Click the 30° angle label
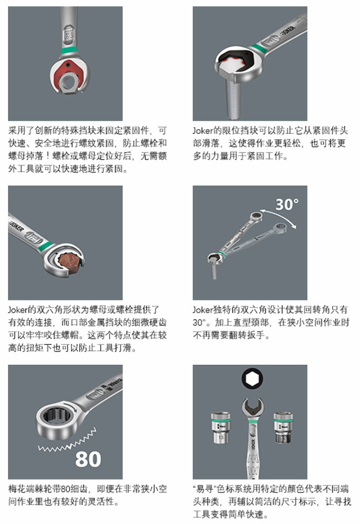pos(287,204)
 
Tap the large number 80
pos(88,459)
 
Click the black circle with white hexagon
pos(252,379)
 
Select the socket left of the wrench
pos(221,428)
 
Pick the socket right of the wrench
pos(283,428)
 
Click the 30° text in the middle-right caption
pos(199,323)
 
